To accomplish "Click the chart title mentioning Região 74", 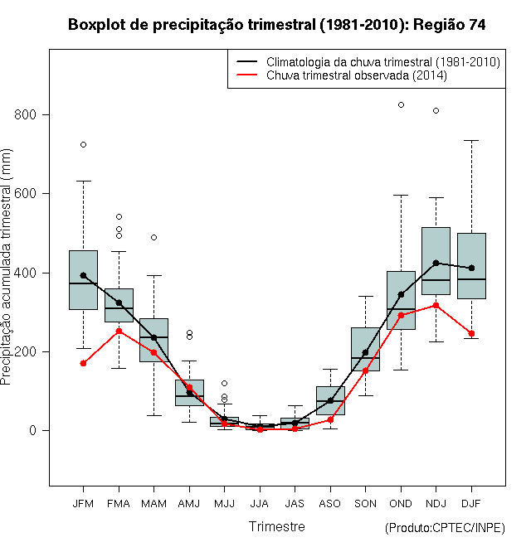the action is (276, 25).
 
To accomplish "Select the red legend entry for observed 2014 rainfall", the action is (342, 75).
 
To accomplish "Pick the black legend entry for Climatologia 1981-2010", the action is (368, 62).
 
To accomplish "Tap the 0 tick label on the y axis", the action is (33, 430).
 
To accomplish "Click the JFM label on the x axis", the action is (83, 504).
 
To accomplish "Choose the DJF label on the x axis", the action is (471, 504).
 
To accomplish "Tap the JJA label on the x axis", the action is (260, 504).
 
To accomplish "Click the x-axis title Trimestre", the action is (276, 526).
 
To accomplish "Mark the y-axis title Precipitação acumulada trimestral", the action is (6, 267).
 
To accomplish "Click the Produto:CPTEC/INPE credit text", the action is (445, 528).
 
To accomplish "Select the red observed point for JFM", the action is (83, 364).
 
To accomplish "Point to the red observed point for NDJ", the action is (436, 306).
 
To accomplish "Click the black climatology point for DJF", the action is (471, 269).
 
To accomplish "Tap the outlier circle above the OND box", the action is (401, 105).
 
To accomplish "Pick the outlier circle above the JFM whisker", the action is (83, 145).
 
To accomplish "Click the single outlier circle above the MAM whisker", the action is (153, 238).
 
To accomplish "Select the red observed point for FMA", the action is (119, 331).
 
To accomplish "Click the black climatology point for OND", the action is (401, 295).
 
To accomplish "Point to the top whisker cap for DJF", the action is (471, 141).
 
